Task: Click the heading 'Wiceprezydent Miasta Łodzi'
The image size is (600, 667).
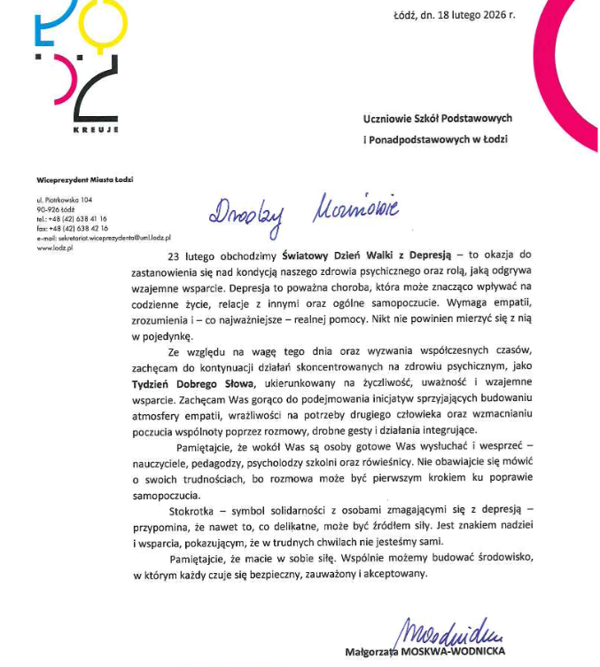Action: coord(79,180)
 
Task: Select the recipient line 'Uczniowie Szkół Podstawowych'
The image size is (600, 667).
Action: coord(438,118)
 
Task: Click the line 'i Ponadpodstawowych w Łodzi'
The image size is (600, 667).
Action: coord(437,139)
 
